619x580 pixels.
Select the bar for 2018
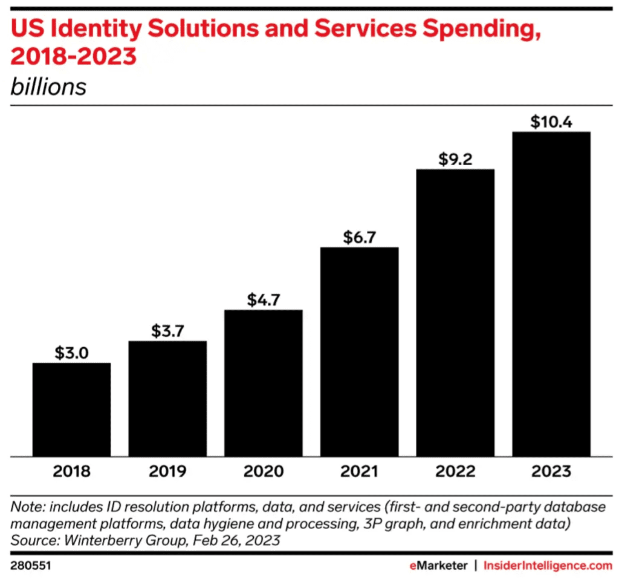[71, 409]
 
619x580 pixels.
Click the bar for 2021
[360, 351]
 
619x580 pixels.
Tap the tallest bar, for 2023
[551, 294]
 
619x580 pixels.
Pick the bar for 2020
[264, 383]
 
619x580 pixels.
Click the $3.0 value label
[71, 353]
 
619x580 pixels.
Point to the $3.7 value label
[167, 331]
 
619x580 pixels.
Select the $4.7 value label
[264, 300]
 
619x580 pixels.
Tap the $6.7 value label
[360, 238]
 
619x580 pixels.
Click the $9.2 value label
[455, 160]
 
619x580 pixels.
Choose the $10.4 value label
[551, 122]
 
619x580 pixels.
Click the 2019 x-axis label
[167, 471]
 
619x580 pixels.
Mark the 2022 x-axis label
[455, 471]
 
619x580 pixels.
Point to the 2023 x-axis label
[551, 471]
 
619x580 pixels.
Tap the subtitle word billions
[48, 86]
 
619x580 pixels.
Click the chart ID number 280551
[30, 565]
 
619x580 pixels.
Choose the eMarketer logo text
[436, 565]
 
